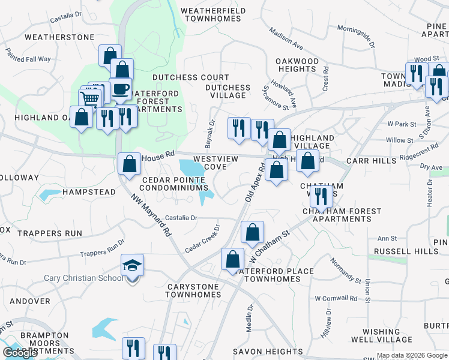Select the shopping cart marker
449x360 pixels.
point(89,98)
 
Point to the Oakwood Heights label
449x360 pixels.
point(297,65)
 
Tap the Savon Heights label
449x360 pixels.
point(268,352)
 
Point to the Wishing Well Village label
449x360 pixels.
point(389,335)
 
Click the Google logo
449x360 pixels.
point(20,353)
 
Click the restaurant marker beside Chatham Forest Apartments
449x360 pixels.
point(322,196)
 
